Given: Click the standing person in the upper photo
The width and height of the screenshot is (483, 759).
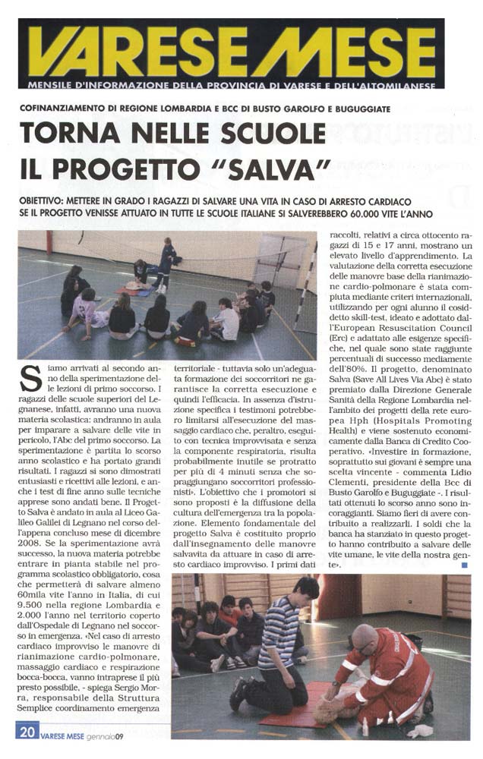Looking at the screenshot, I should click(x=166, y=262).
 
